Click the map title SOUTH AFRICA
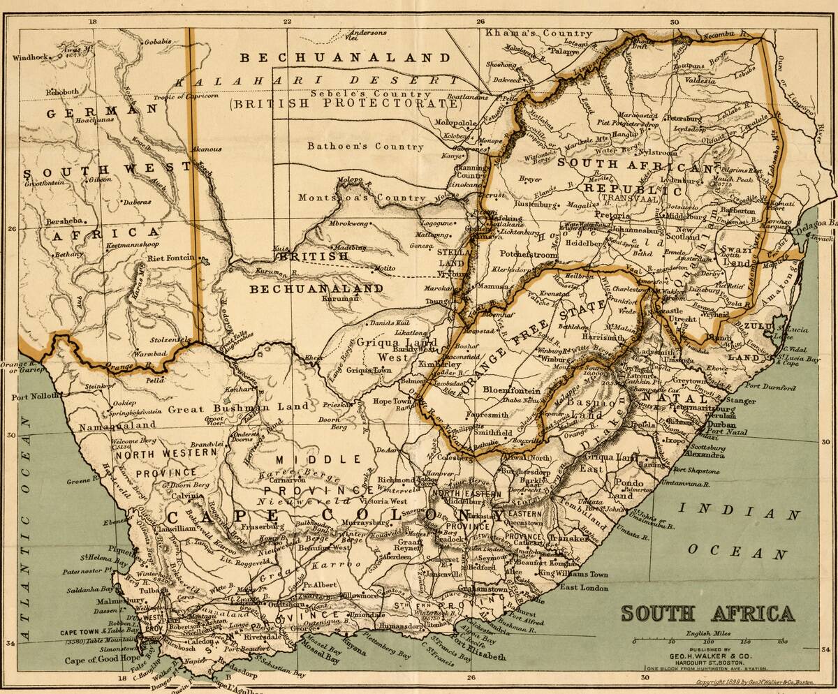click(707, 614)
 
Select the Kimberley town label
click(439, 364)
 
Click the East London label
click(585, 588)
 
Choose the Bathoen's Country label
click(365, 147)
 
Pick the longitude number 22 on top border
click(287, 21)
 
